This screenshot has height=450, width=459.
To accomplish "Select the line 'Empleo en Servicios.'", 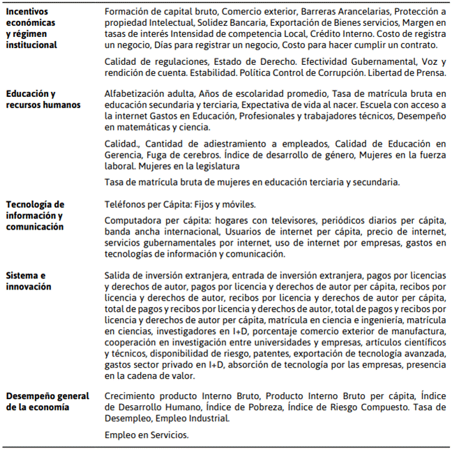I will (146, 434).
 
